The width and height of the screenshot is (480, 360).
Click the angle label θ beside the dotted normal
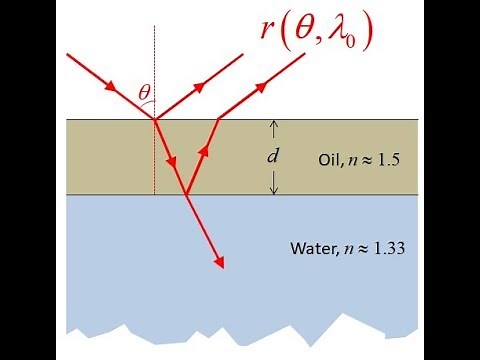pos(146,93)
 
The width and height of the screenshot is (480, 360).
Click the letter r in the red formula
pos(269,33)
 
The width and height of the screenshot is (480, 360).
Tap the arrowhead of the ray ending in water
pos(218,262)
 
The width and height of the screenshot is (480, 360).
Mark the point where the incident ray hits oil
pos(155,120)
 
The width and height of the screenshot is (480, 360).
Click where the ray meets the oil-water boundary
pos(187,195)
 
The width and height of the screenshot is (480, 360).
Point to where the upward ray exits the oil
pos(219,120)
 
